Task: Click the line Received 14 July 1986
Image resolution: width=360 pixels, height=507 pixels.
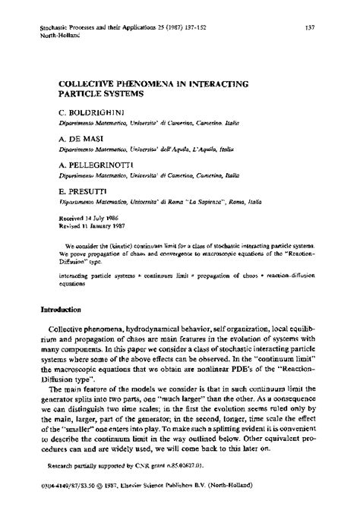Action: [89, 216]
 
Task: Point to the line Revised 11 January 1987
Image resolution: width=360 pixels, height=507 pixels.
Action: [91, 225]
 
